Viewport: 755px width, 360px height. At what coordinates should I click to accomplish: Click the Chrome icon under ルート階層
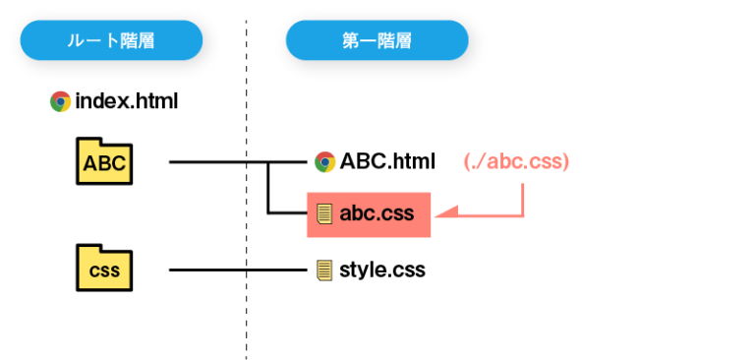(x=60, y=101)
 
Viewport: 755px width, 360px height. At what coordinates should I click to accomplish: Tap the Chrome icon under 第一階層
(x=325, y=162)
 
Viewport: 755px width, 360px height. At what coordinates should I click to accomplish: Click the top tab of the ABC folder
(x=89, y=144)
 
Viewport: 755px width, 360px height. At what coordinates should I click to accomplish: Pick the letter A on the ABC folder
(x=89, y=164)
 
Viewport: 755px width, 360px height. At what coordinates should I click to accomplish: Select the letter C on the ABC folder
(x=118, y=164)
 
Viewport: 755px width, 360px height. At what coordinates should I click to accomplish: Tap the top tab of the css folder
(x=89, y=251)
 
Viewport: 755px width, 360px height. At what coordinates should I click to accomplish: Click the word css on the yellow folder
(x=104, y=271)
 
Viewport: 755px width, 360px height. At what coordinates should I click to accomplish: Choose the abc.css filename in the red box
(x=377, y=213)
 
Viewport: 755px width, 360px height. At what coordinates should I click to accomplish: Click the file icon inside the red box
(x=324, y=213)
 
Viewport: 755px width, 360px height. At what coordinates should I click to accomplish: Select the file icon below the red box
(x=324, y=270)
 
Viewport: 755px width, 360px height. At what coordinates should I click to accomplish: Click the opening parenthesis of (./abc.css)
(x=466, y=162)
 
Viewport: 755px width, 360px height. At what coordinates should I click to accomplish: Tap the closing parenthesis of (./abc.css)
(x=567, y=162)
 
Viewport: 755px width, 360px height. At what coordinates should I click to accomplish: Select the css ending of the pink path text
(x=545, y=162)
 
